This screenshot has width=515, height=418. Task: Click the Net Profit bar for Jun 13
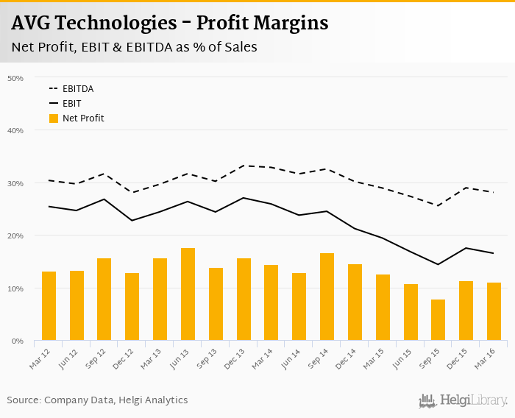[188, 294]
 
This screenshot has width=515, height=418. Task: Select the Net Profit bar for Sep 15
[438, 320]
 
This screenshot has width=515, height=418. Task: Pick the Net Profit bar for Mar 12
[49, 306]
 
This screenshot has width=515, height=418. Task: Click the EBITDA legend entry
[78, 89]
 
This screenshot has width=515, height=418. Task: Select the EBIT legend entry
[72, 104]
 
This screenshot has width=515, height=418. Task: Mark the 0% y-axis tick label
[17, 341]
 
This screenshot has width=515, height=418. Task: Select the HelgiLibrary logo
[463, 400]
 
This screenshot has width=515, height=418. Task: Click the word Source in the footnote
[24, 400]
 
